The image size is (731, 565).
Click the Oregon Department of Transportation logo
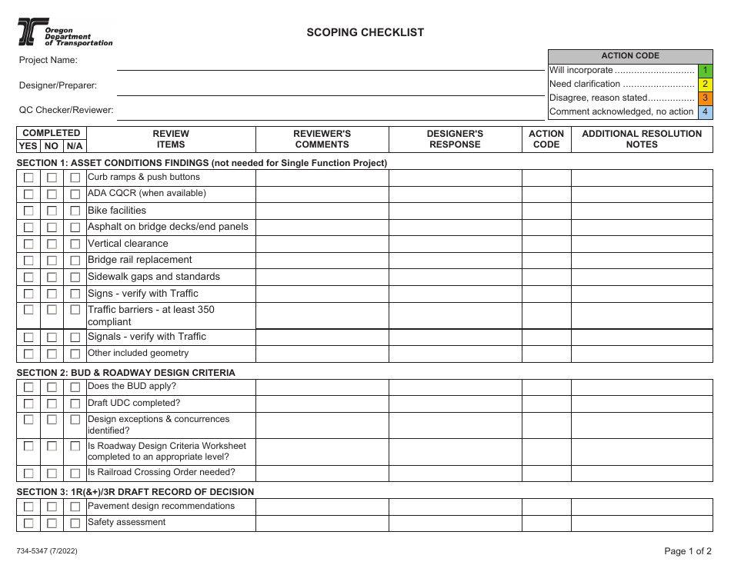point(65,33)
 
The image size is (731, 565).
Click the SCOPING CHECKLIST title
point(365,32)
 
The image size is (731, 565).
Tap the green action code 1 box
point(705,70)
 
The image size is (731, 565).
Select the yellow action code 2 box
point(705,84)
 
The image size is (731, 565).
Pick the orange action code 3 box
point(705,98)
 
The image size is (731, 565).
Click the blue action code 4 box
point(705,112)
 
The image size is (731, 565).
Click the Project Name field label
point(48,60)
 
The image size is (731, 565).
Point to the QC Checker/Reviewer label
point(66,110)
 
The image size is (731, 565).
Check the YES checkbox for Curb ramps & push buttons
point(28,178)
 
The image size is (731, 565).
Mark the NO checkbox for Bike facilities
point(52,211)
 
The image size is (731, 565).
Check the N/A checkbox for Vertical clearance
point(75,244)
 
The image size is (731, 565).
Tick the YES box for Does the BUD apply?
point(28,387)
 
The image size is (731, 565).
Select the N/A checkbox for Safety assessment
point(75,523)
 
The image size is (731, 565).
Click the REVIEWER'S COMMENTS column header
point(322,139)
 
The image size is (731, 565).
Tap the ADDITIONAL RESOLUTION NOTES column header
point(642,139)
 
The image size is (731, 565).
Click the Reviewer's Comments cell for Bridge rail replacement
point(322,261)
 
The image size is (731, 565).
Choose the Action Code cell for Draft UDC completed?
point(546,404)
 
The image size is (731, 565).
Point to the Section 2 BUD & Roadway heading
point(125,373)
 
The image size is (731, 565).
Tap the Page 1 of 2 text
point(688,550)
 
